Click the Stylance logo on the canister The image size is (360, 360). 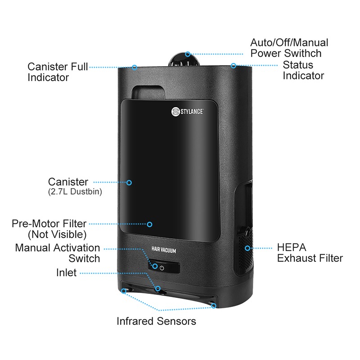(187, 112)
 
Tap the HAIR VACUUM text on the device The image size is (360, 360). (164, 250)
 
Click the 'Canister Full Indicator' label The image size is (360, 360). (58, 72)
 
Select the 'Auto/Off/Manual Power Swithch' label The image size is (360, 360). (289, 48)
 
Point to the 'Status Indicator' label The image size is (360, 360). (303, 70)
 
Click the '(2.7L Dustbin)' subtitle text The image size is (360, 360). (75, 192)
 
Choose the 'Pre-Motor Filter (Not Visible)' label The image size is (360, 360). (49, 229)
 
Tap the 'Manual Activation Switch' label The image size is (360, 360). (58, 253)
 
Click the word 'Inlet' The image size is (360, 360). (66, 273)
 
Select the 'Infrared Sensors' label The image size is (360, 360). (156, 321)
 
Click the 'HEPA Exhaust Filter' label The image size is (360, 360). (310, 253)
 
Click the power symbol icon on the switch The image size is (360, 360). (162, 268)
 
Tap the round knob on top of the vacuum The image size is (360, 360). (184, 60)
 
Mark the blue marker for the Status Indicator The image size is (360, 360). (234, 66)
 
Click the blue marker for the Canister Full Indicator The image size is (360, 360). (135, 67)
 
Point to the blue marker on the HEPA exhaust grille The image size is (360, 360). (247, 248)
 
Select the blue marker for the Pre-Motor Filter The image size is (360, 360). (149, 224)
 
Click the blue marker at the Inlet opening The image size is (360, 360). (158, 288)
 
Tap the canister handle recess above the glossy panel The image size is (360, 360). (148, 92)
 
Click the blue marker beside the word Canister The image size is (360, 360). (129, 183)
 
